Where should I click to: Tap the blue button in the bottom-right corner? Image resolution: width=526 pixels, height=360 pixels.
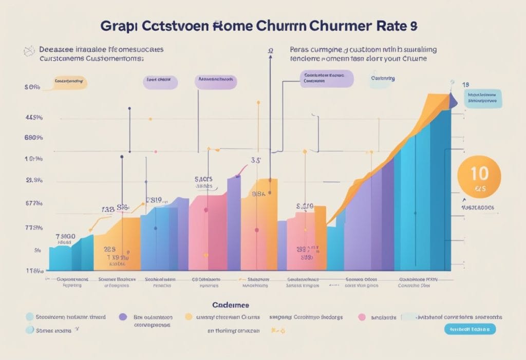(x=469, y=329)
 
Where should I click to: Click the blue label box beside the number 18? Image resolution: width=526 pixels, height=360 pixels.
(x=482, y=98)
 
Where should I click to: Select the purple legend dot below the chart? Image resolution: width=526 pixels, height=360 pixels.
(x=123, y=317)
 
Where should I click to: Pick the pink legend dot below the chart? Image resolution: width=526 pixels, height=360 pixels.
(x=362, y=317)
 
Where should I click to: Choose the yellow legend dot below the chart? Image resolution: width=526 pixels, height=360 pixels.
(x=189, y=317)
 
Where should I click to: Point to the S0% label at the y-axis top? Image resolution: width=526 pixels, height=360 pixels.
(x=32, y=87)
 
